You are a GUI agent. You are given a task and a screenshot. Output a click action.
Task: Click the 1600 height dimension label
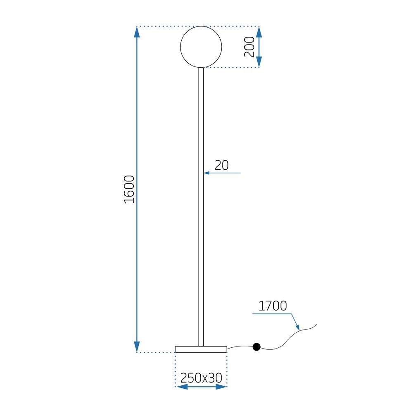tap(130, 189)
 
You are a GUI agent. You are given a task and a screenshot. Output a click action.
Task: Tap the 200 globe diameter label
tap(249, 47)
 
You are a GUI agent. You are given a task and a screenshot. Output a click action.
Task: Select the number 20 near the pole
tap(222, 165)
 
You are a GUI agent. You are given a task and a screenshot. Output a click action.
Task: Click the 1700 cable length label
tap(272, 306)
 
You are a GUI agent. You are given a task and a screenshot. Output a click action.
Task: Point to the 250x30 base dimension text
tap(201, 377)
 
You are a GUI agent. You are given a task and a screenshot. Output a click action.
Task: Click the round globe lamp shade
tap(201, 47)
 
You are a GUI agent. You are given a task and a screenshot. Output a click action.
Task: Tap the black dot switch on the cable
tap(256, 347)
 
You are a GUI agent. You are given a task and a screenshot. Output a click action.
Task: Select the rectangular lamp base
tap(201, 349)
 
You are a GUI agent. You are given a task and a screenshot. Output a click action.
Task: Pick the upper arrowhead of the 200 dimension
tap(259, 32)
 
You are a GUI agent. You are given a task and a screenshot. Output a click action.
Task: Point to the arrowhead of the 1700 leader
tap(298, 328)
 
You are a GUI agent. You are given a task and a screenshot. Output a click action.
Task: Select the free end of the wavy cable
tap(316, 325)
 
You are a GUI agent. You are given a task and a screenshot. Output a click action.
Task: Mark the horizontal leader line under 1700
tap(273, 314)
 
